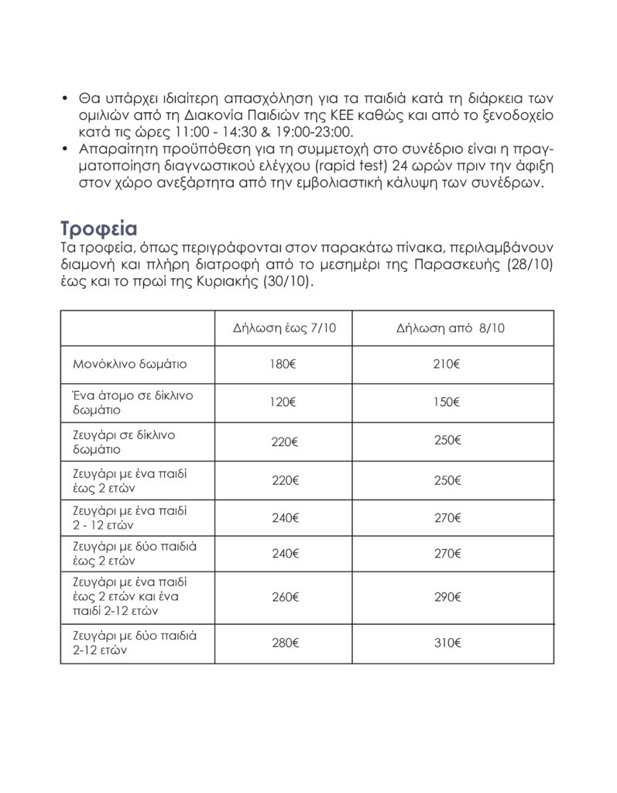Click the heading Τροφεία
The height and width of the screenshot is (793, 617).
coord(98,231)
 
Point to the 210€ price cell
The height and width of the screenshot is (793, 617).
coord(447,362)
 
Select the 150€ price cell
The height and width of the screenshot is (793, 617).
coord(447,402)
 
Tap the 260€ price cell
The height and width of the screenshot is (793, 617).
coord(285,597)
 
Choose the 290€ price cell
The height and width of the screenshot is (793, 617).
coord(447,597)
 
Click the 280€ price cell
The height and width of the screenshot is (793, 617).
coord(285,643)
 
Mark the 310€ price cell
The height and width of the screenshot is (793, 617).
coord(447,643)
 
